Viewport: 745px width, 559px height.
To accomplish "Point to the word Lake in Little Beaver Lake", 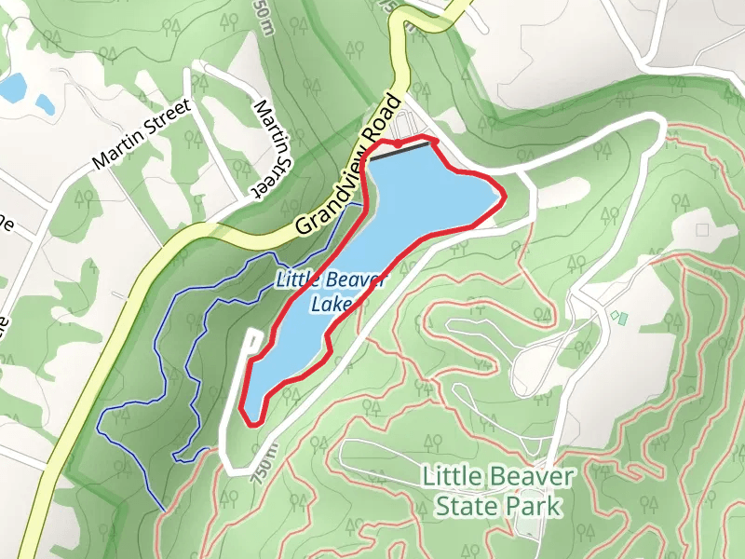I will click(x=333, y=305).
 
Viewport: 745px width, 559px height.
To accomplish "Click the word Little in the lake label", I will click(x=296, y=278).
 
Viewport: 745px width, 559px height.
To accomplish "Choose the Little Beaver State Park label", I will click(x=498, y=491).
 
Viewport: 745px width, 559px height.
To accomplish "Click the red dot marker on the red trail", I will click(x=399, y=143).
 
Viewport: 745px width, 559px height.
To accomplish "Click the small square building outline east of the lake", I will click(x=702, y=229).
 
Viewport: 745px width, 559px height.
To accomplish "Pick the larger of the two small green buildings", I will click(x=622, y=319).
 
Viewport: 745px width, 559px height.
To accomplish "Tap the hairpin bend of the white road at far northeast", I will click(x=661, y=126).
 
